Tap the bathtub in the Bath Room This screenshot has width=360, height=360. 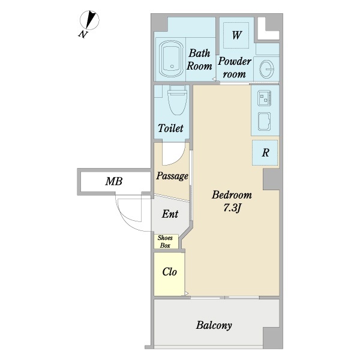172,59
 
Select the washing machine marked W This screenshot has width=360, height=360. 236,35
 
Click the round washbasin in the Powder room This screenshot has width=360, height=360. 267,68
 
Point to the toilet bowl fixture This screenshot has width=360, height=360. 177,100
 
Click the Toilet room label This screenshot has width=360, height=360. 170,128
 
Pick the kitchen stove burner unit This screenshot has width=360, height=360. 264,98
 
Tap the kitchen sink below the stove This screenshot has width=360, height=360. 264,121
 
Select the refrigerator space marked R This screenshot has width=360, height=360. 265,152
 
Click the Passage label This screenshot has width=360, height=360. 172,176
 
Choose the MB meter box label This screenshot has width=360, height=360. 113,181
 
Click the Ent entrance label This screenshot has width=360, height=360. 170,214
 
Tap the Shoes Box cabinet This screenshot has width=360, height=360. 166,241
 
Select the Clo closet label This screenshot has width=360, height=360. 169,272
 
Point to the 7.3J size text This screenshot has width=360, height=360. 232,208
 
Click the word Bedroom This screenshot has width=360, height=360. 232,195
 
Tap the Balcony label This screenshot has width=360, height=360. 214,325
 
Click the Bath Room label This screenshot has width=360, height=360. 199,59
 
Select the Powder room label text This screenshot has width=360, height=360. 235,68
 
